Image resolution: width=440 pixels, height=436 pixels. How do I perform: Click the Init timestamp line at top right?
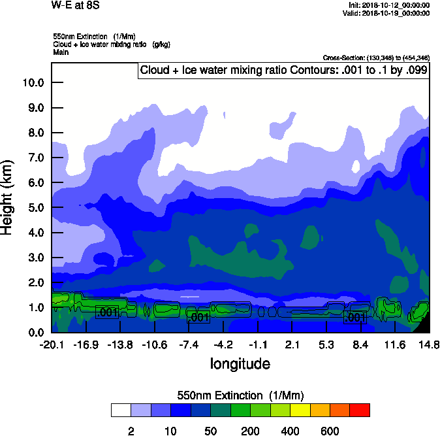pyautogui.click(x=390, y=5)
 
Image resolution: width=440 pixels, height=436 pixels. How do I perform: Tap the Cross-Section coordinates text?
pyautogui.click(x=376, y=58)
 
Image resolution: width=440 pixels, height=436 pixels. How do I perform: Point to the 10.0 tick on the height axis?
pyautogui.click(x=33, y=83)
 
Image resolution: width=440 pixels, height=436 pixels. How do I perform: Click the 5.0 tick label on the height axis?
pyautogui.click(x=36, y=208)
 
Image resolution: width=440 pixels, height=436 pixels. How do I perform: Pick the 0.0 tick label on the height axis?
pyautogui.click(x=36, y=333)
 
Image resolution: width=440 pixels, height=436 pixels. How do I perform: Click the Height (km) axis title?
pyautogui.click(x=8, y=197)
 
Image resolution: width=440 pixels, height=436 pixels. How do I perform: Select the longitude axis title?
pyautogui.click(x=240, y=363)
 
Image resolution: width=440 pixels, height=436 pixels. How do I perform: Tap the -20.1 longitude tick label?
pyautogui.click(x=52, y=345)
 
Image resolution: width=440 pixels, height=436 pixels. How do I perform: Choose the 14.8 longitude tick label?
pyautogui.click(x=429, y=345)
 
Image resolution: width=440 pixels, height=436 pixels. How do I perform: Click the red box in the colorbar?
pyautogui.click(x=360, y=410)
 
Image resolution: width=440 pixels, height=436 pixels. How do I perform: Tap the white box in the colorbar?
pyautogui.click(x=120, y=410)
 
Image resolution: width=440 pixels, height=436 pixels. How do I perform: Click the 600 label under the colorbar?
pyautogui.click(x=330, y=431)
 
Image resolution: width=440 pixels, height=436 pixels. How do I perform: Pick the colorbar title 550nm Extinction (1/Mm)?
pyautogui.click(x=240, y=395)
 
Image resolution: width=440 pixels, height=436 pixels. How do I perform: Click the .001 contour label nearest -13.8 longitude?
pyautogui.click(x=107, y=312)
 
